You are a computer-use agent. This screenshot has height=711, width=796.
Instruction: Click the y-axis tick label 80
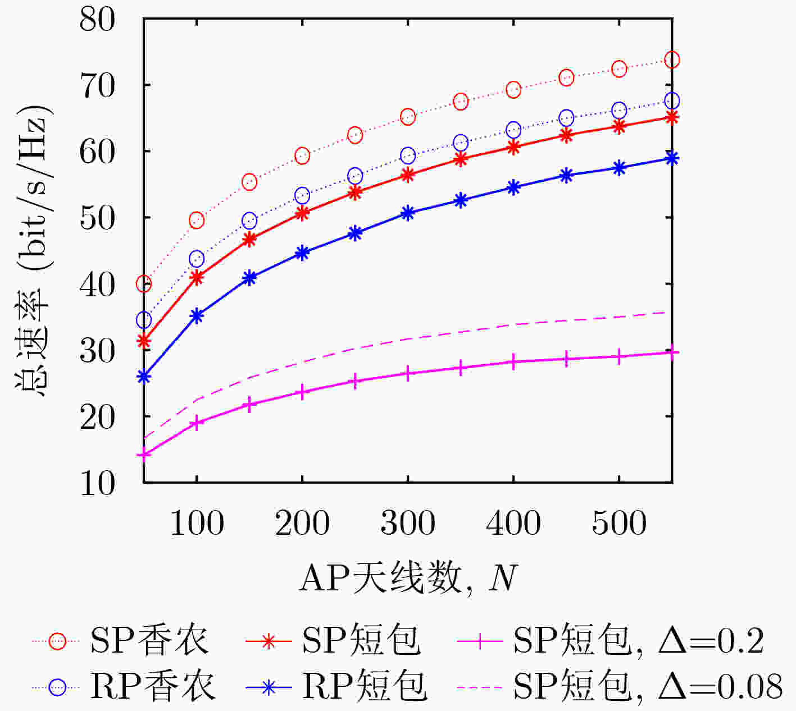tap(97, 20)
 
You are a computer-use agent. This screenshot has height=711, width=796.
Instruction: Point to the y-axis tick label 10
tap(97, 483)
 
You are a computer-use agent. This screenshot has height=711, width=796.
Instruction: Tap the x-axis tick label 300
tap(408, 523)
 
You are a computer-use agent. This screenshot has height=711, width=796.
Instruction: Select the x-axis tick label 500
tap(619, 523)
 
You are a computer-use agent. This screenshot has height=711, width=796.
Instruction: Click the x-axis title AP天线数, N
tap(408, 578)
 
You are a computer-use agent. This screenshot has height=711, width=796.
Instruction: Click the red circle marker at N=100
tap(197, 221)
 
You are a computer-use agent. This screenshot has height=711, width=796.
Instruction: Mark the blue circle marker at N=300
tap(408, 155)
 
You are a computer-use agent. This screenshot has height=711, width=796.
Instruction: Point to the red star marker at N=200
tap(302, 213)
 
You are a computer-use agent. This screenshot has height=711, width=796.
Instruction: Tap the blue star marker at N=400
tap(513, 187)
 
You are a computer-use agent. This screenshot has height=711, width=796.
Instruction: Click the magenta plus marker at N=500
tap(619, 357)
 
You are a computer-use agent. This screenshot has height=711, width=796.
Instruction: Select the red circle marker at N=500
tap(619, 69)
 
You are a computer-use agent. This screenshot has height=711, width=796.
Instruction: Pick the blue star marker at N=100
tap(197, 316)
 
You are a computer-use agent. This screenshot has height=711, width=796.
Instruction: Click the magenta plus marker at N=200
tap(302, 392)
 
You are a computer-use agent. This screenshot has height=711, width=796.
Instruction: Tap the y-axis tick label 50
tap(97, 218)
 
